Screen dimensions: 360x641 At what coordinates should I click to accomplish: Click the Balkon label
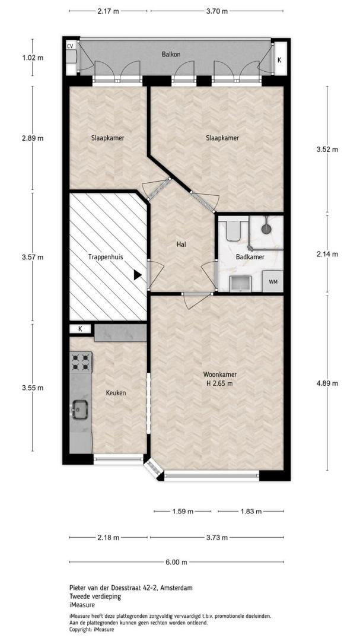click(171, 54)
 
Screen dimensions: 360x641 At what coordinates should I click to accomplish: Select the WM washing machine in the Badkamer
click(272, 281)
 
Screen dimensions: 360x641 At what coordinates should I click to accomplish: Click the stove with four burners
click(81, 362)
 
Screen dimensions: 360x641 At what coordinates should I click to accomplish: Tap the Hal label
click(181, 245)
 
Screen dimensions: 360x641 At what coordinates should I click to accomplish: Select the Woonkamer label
click(220, 375)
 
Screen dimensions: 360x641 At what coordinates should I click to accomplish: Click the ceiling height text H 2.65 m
click(220, 383)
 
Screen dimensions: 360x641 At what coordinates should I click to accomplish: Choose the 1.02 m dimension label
click(33, 58)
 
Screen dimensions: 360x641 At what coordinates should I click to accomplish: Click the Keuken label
click(116, 394)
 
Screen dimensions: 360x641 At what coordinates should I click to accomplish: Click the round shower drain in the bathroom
click(266, 229)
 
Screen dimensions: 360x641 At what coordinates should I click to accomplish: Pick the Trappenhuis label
click(106, 257)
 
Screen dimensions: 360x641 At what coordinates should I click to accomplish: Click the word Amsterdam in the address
click(177, 588)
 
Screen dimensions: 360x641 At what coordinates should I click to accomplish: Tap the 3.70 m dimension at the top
click(217, 11)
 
